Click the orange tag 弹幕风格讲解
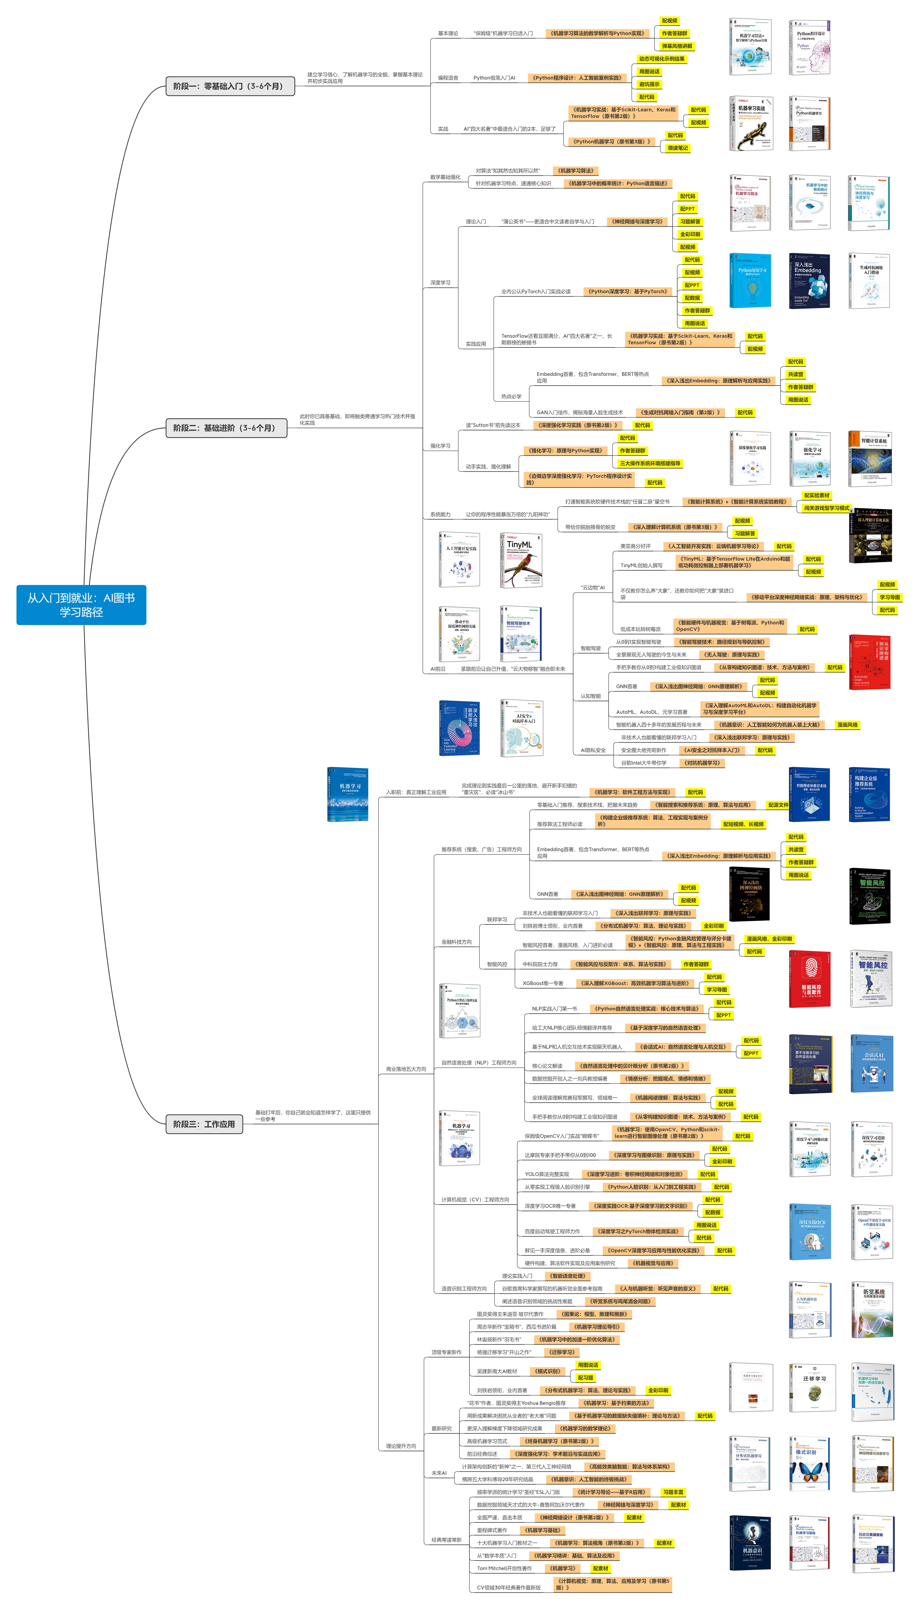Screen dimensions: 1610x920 (x=677, y=46)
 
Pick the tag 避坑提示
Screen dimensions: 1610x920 (x=649, y=84)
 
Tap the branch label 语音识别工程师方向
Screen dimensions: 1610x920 (x=464, y=1289)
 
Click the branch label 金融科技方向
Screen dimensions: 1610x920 (x=456, y=941)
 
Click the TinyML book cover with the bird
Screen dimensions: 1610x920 (x=521, y=560)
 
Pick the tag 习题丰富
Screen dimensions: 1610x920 (x=673, y=1492)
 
